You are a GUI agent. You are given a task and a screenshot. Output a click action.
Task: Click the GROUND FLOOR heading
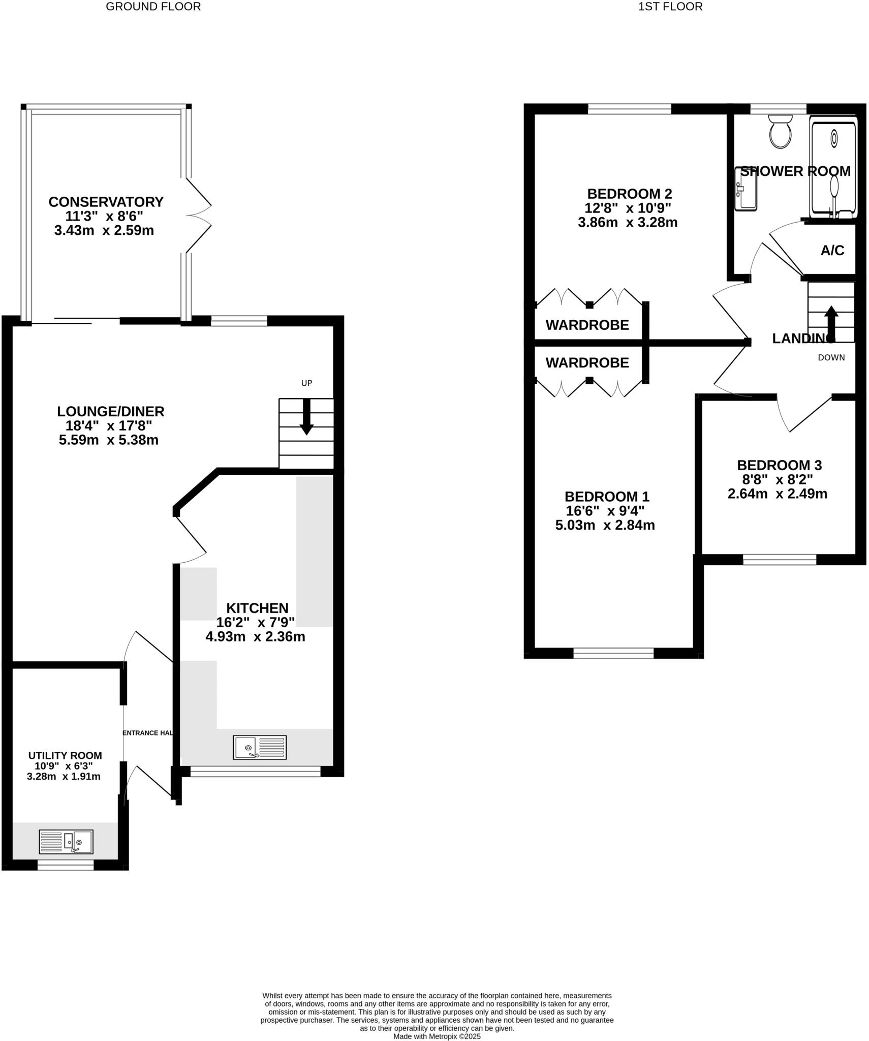pyautogui.click(x=153, y=7)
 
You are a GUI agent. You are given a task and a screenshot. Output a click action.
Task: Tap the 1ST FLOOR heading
pyautogui.click(x=670, y=7)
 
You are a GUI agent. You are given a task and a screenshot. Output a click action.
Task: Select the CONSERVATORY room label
pyautogui.click(x=106, y=202)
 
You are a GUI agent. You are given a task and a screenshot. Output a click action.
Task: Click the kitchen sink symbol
pyautogui.click(x=260, y=747)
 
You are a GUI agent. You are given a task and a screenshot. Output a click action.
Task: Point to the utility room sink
pyautogui.click(x=66, y=841)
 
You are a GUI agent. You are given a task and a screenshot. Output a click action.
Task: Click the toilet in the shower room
pyautogui.click(x=780, y=132)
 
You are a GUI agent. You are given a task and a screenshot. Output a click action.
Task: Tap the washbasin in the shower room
pyautogui.click(x=746, y=189)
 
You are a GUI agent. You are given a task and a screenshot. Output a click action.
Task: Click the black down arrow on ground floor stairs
pyautogui.click(x=306, y=417)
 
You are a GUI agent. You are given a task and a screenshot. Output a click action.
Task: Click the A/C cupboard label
pyautogui.click(x=832, y=250)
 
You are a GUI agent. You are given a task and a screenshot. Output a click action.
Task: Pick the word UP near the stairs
pyautogui.click(x=306, y=383)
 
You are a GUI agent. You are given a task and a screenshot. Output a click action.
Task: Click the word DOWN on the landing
pyautogui.click(x=831, y=357)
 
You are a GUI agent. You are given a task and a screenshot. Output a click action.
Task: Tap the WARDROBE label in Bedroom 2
pyautogui.click(x=587, y=325)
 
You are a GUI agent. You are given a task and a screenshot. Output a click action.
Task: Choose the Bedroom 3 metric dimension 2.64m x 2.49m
pyautogui.click(x=777, y=494)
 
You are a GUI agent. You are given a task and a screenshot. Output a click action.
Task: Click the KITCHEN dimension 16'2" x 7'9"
pyautogui.click(x=256, y=622)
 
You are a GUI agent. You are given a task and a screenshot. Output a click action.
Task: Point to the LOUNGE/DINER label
pyautogui.click(x=110, y=411)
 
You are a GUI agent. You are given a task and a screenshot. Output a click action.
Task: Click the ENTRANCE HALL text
pyautogui.click(x=148, y=733)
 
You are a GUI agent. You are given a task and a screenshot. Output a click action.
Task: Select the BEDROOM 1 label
pyautogui.click(x=606, y=496)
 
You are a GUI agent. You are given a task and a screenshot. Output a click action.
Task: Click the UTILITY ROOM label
pyautogui.click(x=65, y=755)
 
